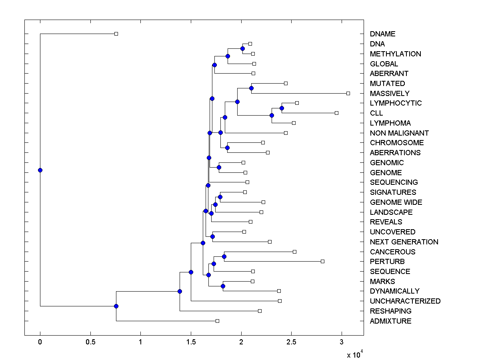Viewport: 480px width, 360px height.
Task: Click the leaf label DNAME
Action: tap(382, 34)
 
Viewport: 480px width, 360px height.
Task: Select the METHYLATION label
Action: tap(395, 54)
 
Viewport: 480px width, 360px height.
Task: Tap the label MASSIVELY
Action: tap(390, 94)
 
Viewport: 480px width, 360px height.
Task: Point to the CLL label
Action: tap(376, 113)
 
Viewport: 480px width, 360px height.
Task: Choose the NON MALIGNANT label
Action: tap(399, 133)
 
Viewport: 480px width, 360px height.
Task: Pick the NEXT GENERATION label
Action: tap(404, 242)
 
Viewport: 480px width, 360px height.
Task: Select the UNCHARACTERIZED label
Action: tap(405, 301)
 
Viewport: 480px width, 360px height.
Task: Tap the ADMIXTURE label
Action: tap(390, 321)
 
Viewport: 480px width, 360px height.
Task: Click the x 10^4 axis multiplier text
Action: tap(355, 354)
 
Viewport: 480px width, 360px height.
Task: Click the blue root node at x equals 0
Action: tap(40, 170)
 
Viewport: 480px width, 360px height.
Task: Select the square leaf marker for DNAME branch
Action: tap(116, 34)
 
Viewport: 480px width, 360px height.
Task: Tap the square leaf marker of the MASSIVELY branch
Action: tap(348, 93)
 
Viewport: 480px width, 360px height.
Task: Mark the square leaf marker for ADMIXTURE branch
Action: tap(217, 321)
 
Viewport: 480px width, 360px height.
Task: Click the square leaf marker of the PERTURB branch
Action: tap(322, 261)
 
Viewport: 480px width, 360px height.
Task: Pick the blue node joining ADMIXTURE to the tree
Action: tap(116, 306)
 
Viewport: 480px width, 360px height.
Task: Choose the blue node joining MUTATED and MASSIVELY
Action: tap(251, 88)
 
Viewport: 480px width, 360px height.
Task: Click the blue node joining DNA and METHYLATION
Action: tap(242, 48)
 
